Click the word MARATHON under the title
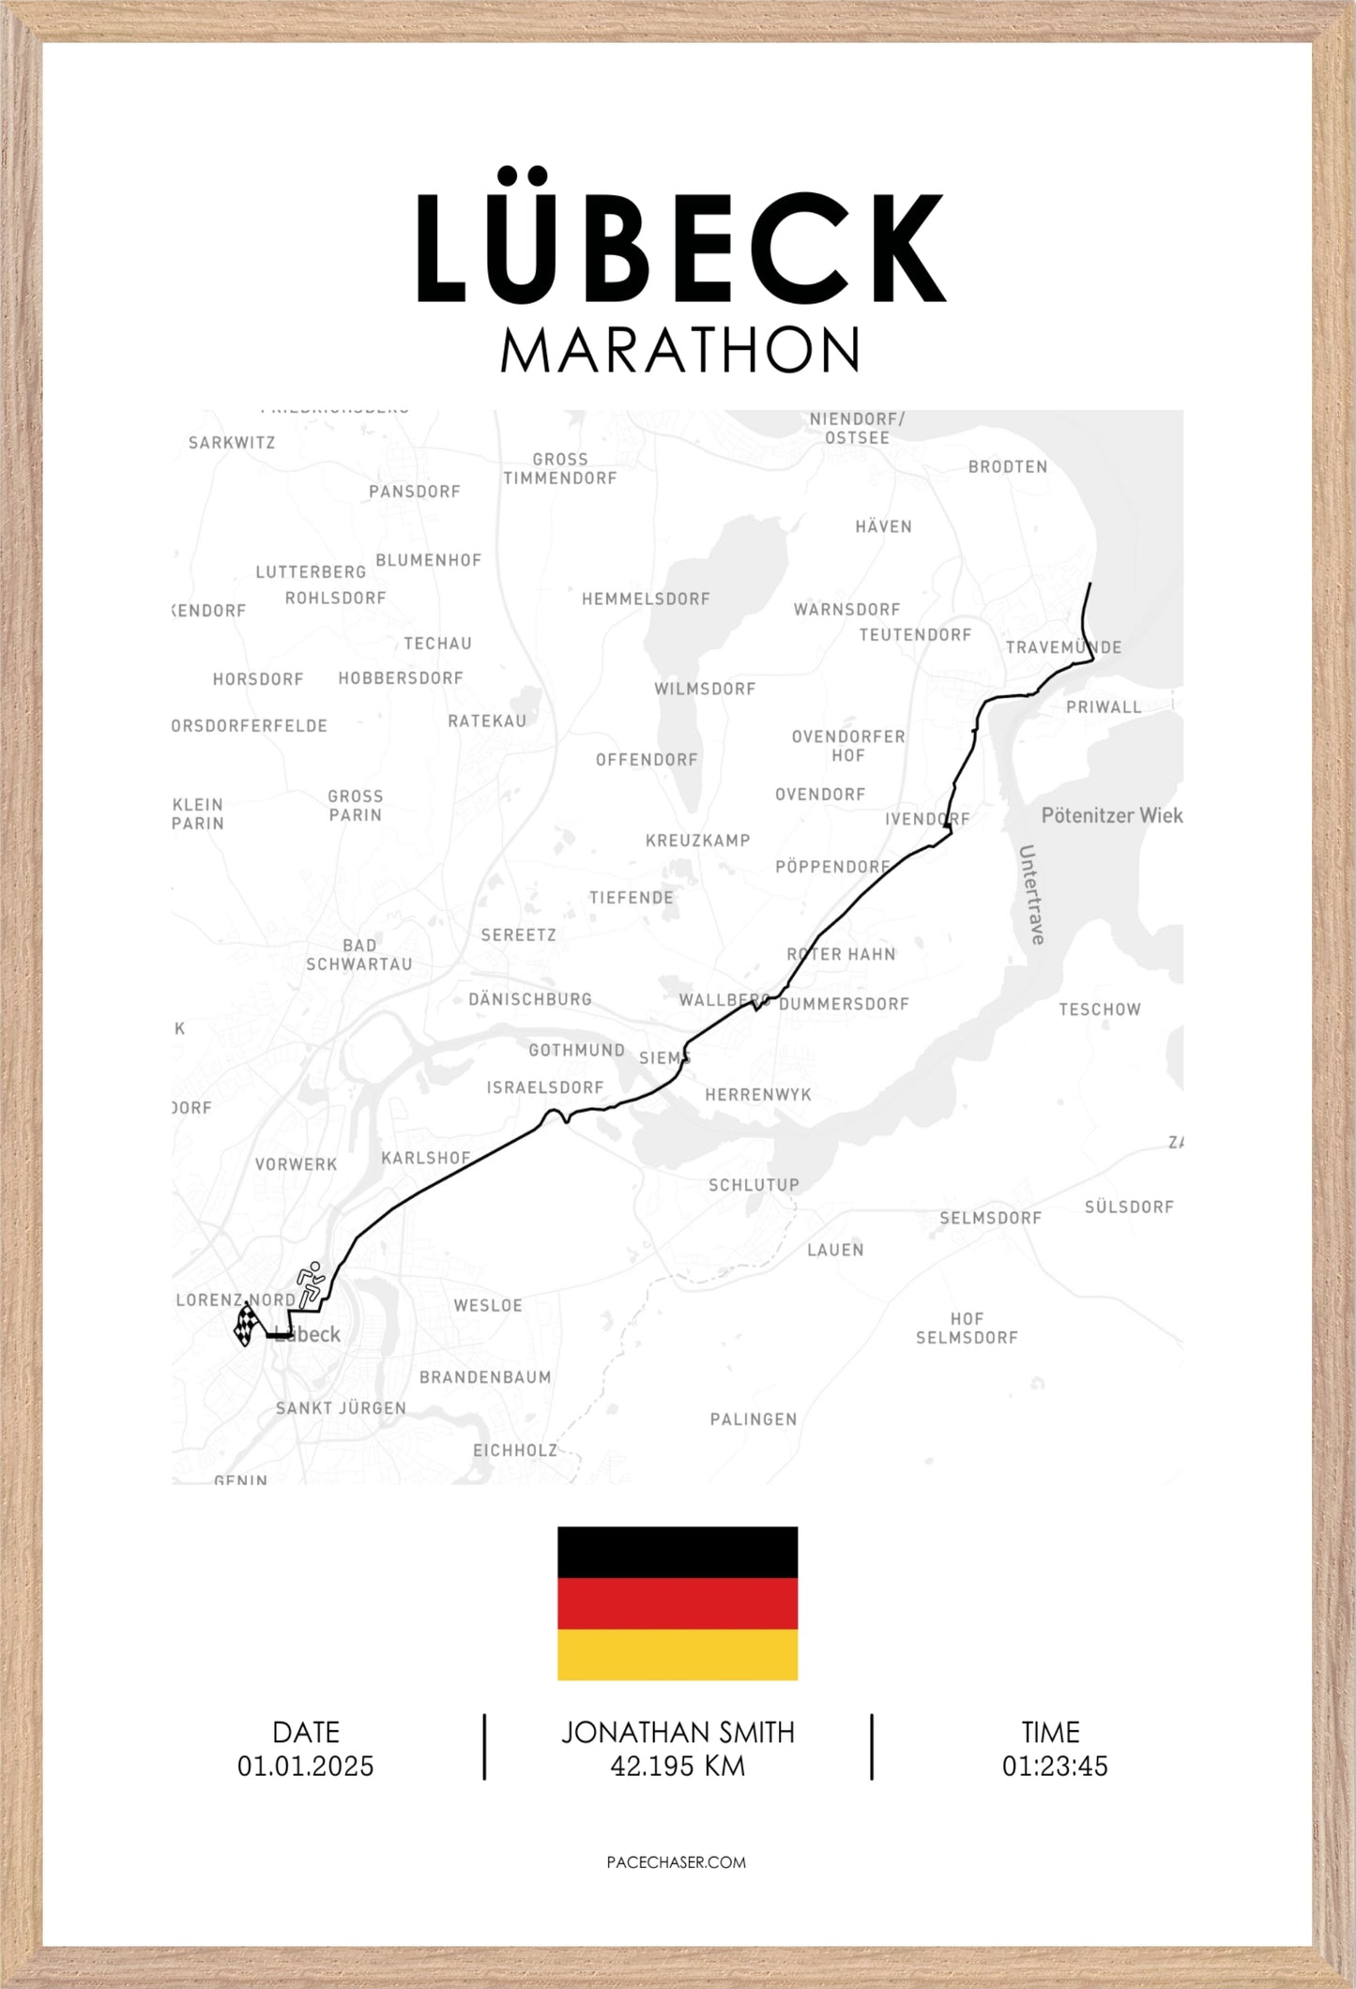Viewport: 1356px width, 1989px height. click(x=679, y=351)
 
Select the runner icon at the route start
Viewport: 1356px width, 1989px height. click(x=310, y=1283)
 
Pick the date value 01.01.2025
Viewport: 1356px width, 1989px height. click(x=305, y=1767)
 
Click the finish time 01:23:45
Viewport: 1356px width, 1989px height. click(x=1055, y=1767)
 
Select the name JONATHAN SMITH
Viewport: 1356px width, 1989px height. click(x=678, y=1733)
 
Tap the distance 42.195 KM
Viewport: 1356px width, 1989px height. click(x=678, y=1767)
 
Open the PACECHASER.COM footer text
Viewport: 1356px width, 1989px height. click(x=677, y=1862)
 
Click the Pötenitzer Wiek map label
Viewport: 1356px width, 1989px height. click(x=1112, y=815)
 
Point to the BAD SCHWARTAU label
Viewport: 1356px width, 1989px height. click(x=359, y=955)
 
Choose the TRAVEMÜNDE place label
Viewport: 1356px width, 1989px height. click(x=1063, y=647)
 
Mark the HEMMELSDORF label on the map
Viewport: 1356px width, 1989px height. click(x=646, y=599)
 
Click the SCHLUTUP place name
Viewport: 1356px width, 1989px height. click(x=754, y=1185)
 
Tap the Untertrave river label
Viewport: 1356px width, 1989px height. click(x=1031, y=894)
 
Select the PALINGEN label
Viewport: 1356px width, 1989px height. click(x=754, y=1420)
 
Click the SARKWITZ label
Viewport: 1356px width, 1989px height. click(x=232, y=443)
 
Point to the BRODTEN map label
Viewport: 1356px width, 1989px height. click(x=1008, y=466)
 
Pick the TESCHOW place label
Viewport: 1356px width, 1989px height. click(x=1100, y=1010)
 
